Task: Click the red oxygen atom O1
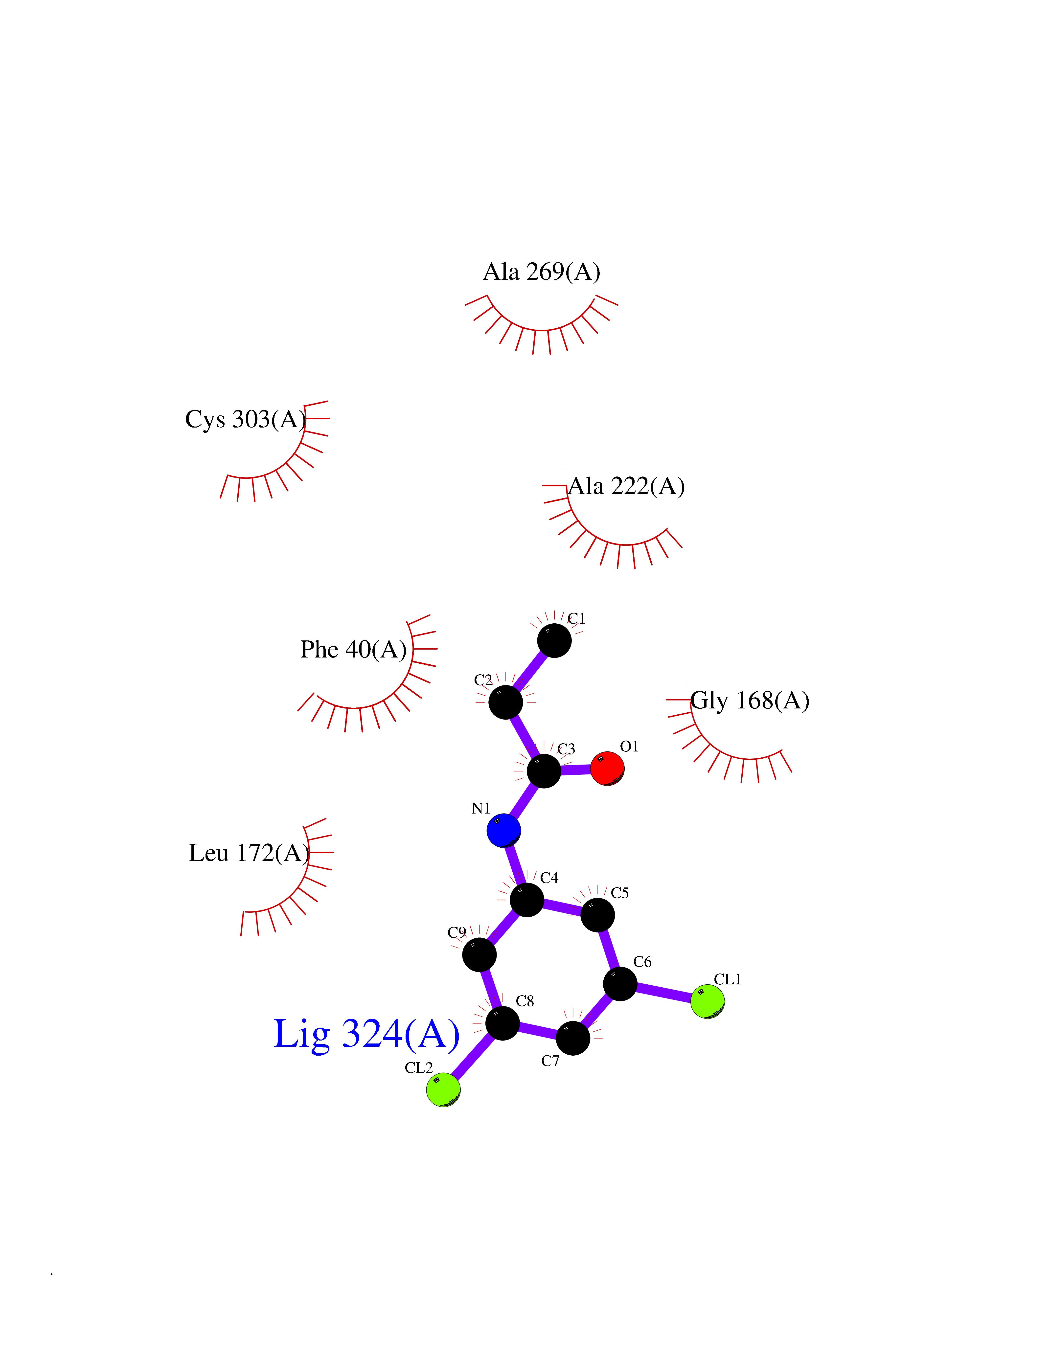point(607,769)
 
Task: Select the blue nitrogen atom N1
point(504,830)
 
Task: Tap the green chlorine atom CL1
point(708,1001)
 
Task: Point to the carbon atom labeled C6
point(620,984)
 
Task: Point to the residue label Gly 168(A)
point(750,701)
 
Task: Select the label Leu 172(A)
point(249,853)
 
